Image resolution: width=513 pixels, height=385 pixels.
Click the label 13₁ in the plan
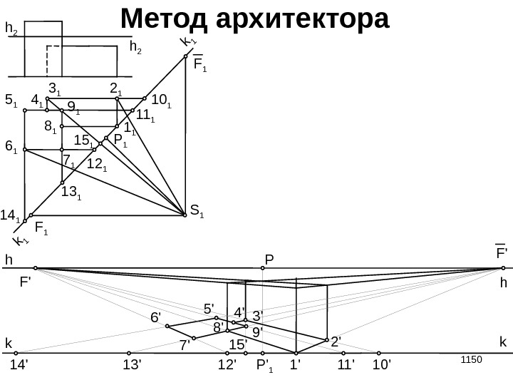pos(71,192)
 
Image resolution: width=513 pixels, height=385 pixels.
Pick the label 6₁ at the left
pos(11,147)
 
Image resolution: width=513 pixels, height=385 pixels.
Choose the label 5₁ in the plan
pos(11,101)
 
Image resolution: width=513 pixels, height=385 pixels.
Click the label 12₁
pos(97,165)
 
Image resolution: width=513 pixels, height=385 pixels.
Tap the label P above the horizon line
pos(269,258)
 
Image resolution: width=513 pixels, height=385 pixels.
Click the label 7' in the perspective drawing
pos(184,346)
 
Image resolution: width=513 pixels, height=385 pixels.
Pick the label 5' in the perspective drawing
pos(209,309)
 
